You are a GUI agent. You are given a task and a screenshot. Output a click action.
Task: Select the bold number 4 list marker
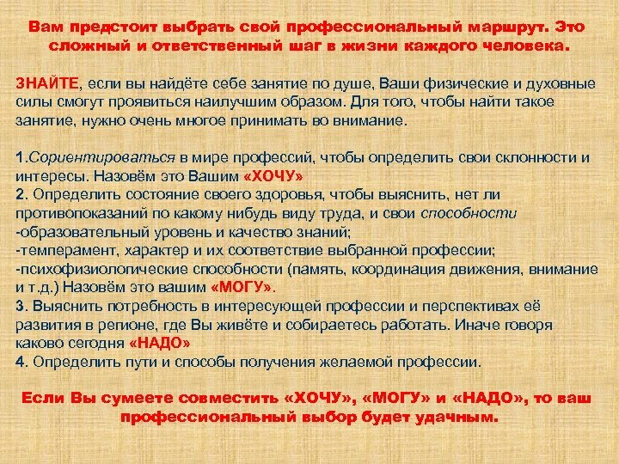pos(20,361)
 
